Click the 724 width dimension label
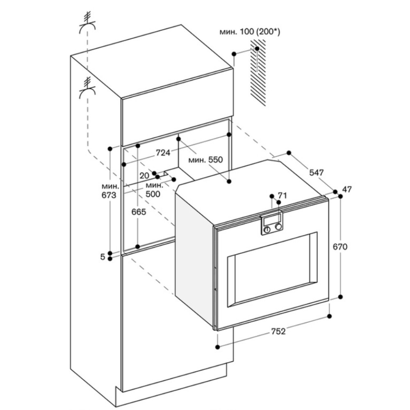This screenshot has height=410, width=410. (163, 153)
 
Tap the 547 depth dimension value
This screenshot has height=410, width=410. (316, 173)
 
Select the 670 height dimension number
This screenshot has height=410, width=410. (340, 247)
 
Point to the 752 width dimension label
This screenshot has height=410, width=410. (278, 331)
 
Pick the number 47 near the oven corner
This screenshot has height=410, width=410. (347, 189)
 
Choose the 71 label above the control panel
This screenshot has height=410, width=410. (282, 195)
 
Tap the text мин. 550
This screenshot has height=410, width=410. (205, 160)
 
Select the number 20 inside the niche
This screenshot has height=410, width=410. (144, 175)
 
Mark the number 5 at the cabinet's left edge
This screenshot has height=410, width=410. (102, 257)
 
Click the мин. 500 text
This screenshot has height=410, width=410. (155, 189)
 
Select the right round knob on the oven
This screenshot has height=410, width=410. (279, 226)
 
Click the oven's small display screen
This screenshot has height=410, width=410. (271, 220)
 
